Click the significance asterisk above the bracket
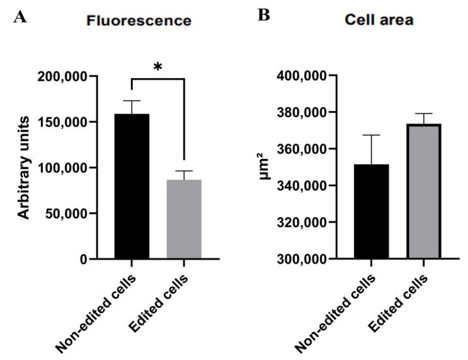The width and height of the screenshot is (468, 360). click(x=157, y=67)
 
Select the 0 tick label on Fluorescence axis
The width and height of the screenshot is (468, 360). click(x=83, y=259)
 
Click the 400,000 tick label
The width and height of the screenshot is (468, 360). click(x=305, y=76)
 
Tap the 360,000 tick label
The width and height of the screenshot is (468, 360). click(x=305, y=149)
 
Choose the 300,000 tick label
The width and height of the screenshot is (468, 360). click(x=305, y=259)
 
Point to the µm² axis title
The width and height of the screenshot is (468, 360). click(x=266, y=168)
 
